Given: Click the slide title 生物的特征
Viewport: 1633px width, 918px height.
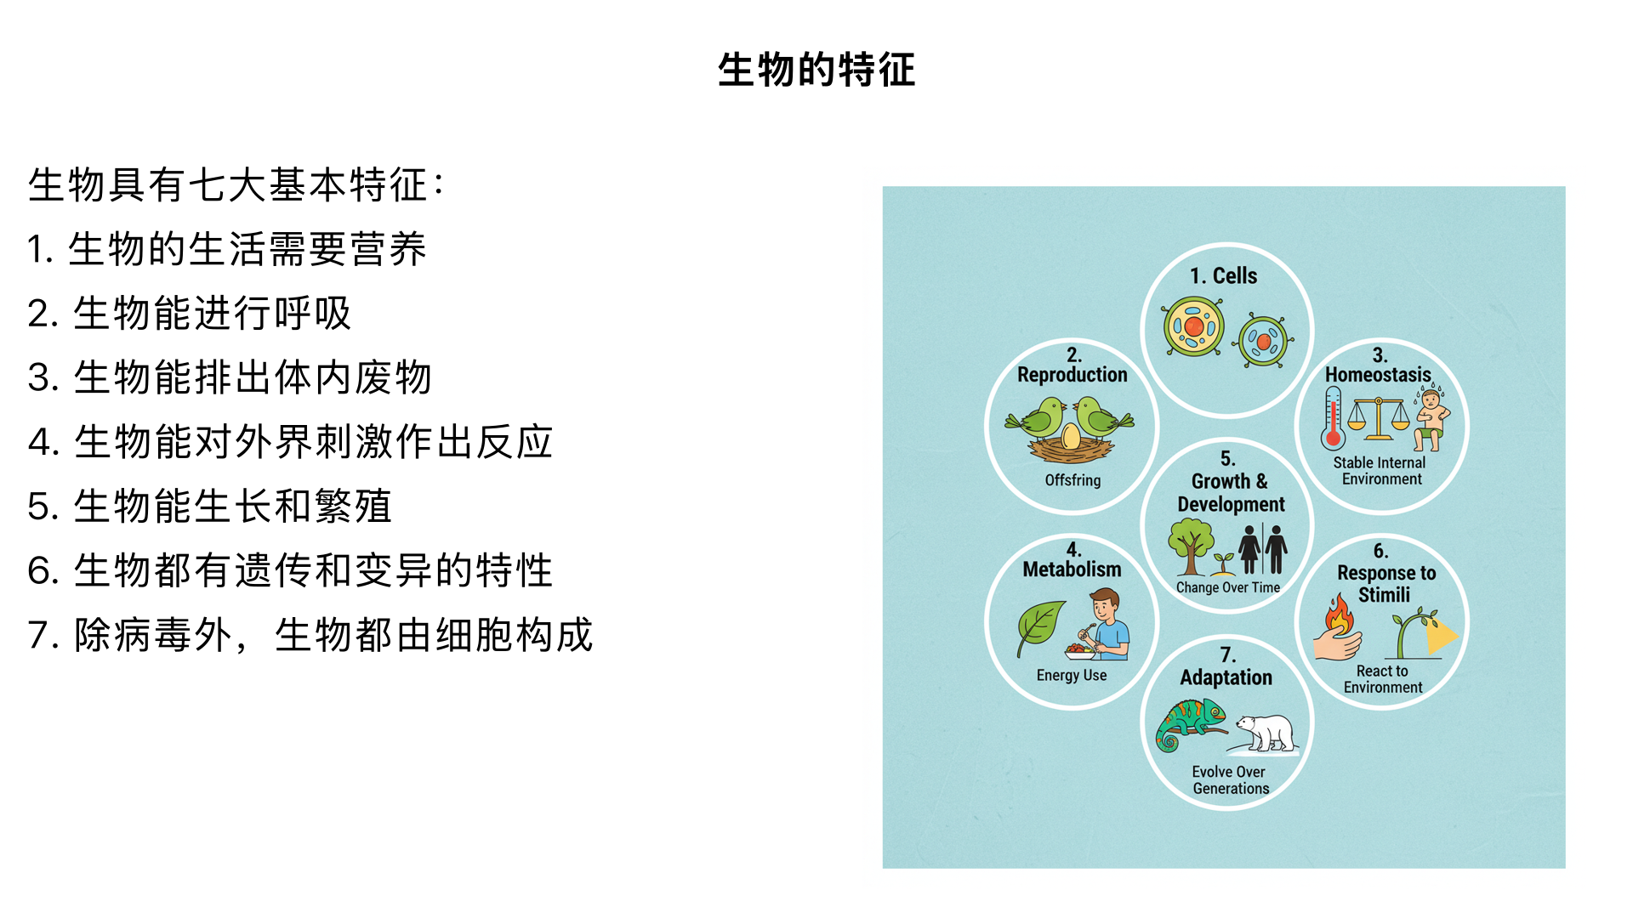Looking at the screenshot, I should point(816,70).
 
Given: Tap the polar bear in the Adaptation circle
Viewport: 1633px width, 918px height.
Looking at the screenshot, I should point(1266,732).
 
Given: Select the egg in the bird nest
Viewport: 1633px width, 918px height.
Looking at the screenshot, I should point(1071,437).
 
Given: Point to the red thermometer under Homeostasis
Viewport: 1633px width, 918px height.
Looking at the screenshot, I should point(1333,419).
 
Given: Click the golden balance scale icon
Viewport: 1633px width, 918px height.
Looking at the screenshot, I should point(1378,418).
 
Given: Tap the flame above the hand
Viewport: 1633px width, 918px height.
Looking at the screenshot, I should point(1340,615).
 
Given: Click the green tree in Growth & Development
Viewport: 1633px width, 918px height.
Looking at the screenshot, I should point(1190,545).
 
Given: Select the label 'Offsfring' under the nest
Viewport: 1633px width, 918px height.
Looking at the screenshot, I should point(1073,480).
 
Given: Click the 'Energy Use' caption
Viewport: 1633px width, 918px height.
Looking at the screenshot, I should point(1072,675).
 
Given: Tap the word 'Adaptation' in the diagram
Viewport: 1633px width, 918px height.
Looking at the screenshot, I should point(1226,677).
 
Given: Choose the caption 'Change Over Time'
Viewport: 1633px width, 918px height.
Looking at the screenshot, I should point(1227,587).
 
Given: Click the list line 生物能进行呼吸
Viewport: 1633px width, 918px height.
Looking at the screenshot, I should point(189,313).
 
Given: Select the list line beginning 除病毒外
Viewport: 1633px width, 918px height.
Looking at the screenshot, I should point(310,635).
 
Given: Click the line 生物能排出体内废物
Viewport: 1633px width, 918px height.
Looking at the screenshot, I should point(230,377).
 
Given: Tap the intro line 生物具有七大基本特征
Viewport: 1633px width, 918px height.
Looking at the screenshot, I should point(236,184).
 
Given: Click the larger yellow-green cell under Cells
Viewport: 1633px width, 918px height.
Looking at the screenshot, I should point(1193,326).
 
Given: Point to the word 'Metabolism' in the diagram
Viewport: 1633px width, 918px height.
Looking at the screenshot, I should point(1072,569).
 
